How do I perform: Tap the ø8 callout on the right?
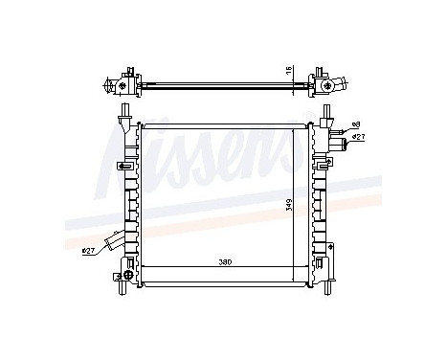point(356,124)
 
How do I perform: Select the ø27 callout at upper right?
point(357,137)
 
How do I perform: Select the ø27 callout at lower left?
point(89,252)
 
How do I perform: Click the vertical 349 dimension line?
point(298,202)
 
